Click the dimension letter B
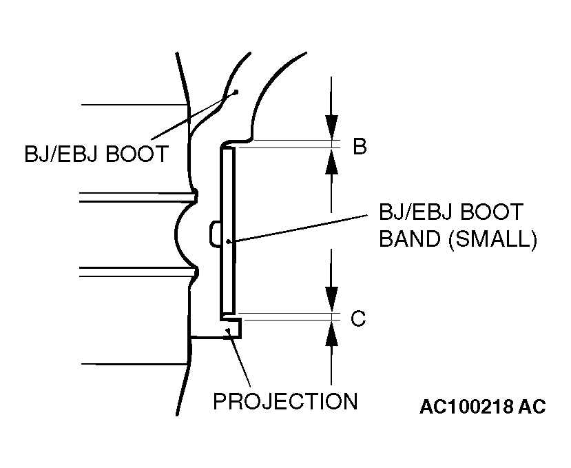click(360, 147)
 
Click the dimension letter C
click(358, 319)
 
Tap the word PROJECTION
click(285, 401)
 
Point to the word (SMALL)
click(493, 238)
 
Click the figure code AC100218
click(466, 407)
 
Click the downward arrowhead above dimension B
click(332, 128)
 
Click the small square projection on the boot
click(233, 329)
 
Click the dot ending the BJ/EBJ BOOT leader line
click(236, 91)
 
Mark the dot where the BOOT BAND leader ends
click(229, 241)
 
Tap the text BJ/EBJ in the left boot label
click(61, 153)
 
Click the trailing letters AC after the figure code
click(531, 407)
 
